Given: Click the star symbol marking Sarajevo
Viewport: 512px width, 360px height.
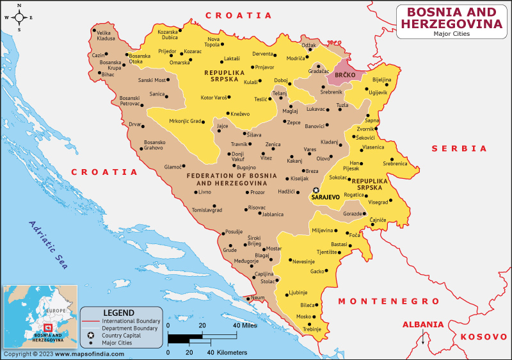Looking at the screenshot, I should tap(316, 190).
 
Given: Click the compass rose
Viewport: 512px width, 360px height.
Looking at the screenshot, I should tap(19, 17).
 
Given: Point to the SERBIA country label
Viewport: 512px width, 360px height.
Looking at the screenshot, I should tap(459, 148).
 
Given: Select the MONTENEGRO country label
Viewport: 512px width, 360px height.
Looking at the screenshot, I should tap(388, 301).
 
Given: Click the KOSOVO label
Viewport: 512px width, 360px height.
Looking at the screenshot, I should tap(484, 336).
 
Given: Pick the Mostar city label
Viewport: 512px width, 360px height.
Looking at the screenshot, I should tap(273, 248).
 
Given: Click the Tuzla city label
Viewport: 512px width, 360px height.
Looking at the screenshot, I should tap(342, 104).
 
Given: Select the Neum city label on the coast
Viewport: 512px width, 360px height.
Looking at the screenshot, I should tap(257, 298).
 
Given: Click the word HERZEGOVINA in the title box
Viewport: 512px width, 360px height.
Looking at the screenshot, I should tap(451, 24).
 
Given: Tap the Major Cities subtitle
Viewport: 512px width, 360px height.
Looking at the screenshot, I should tap(451, 34).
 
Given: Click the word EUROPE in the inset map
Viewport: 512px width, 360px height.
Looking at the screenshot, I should tap(56, 311).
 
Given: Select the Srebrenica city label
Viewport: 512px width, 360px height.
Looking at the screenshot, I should tap(395, 163).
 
